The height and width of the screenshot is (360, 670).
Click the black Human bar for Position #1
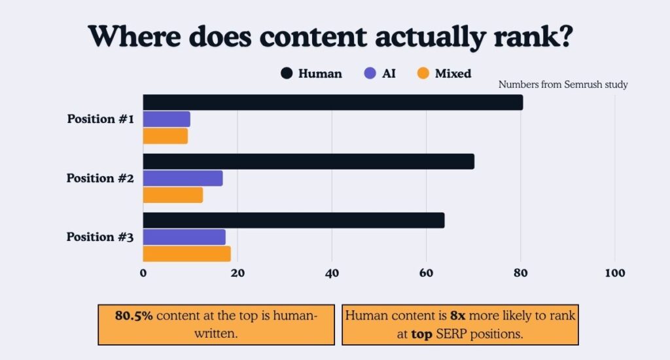(x=333, y=102)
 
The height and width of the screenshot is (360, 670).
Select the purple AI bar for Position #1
(x=167, y=119)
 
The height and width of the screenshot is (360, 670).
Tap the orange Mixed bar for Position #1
(x=166, y=136)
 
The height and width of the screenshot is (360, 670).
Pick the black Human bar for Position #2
(x=308, y=161)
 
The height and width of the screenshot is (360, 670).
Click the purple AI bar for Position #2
(x=183, y=178)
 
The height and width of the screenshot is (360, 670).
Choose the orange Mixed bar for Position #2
(x=173, y=195)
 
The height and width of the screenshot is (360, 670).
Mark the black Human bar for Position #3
(x=294, y=220)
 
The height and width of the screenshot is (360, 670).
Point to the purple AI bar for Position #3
(x=184, y=237)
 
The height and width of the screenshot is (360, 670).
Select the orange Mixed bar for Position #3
(x=186, y=254)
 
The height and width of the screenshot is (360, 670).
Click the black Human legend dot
(x=287, y=74)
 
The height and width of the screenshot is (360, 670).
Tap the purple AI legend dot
(x=370, y=74)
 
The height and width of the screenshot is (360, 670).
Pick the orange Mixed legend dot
(x=423, y=74)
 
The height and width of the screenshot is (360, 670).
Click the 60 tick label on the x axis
(x=426, y=274)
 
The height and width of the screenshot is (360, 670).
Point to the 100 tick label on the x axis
(x=614, y=274)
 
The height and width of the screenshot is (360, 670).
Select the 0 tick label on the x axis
(x=143, y=274)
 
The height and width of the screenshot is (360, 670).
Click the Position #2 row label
(x=100, y=178)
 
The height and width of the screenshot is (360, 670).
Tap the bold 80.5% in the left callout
(x=134, y=315)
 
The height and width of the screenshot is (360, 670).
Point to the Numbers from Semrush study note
(x=563, y=84)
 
